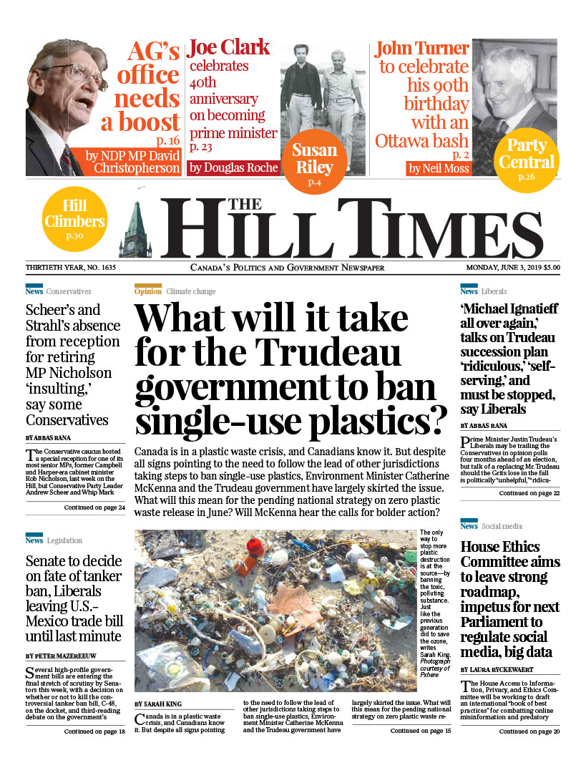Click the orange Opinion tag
coord(147,291)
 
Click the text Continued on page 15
coord(421,731)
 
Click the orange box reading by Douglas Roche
coord(233,168)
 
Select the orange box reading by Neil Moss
coord(439,169)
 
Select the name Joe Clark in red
coord(228,48)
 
